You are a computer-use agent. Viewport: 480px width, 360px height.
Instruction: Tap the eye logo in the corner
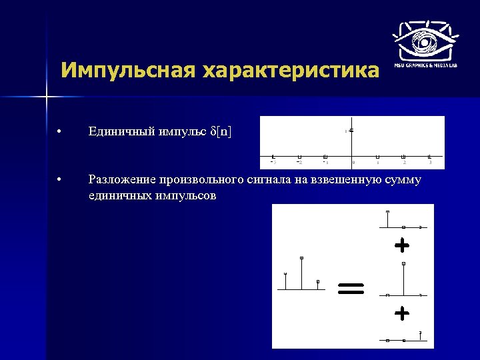(x=425, y=39)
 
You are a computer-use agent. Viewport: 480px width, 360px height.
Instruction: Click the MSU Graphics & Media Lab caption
(x=425, y=65)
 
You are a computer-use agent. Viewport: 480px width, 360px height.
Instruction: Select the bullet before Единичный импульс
(x=60, y=131)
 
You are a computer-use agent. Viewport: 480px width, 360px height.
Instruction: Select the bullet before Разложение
(x=60, y=180)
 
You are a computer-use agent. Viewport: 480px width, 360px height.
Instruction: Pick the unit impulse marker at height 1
(x=351, y=130)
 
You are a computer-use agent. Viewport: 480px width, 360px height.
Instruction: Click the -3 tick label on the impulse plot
(x=273, y=162)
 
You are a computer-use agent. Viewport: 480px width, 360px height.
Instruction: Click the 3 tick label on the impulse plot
(x=431, y=162)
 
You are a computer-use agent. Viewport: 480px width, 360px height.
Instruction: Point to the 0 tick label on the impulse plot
(x=353, y=162)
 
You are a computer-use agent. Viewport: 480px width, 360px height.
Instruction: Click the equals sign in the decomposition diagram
(x=351, y=288)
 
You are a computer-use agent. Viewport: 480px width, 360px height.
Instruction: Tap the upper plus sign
(x=401, y=247)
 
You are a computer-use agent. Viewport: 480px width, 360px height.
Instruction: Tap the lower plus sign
(x=401, y=312)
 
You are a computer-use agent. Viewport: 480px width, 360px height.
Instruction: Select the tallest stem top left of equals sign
(x=301, y=259)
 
